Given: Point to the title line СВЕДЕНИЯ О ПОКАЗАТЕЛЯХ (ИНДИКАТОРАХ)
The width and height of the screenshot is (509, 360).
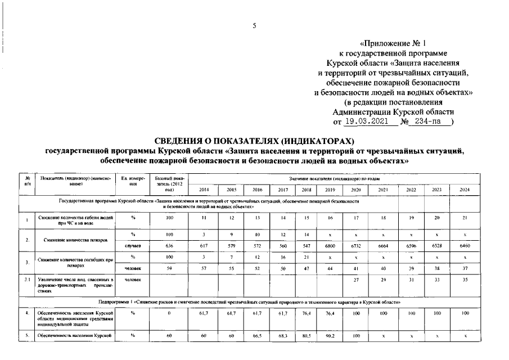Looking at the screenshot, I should click(x=254, y=140).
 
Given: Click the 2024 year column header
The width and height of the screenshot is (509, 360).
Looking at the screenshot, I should click(x=464, y=190).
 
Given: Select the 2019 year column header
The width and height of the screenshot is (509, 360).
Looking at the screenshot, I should click(x=330, y=190).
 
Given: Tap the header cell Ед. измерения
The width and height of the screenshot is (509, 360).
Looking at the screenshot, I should click(x=133, y=181).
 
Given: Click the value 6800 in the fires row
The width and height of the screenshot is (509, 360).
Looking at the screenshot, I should click(x=330, y=246).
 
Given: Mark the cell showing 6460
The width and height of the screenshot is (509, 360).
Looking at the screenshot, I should click(x=464, y=246).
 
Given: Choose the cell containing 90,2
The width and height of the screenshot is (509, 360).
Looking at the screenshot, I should click(x=330, y=336).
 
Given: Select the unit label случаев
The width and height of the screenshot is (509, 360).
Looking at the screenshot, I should click(x=133, y=246).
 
